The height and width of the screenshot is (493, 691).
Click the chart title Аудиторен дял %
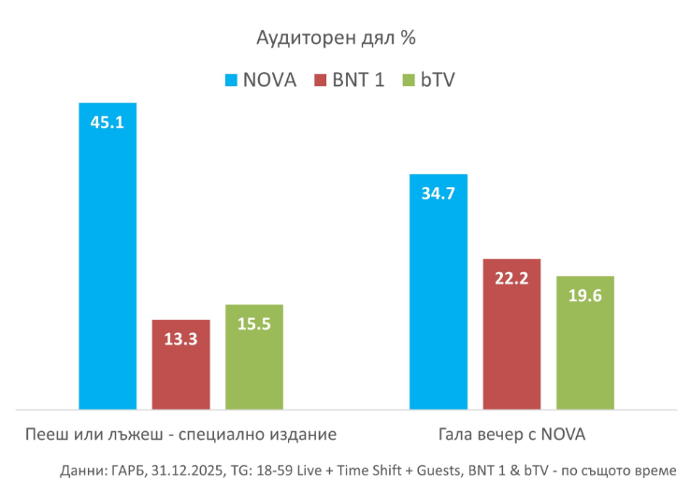(336, 38)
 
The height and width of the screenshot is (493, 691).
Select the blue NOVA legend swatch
(232, 80)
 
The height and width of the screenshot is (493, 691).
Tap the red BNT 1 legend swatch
(321, 80)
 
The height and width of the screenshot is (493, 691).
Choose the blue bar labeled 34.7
(439, 299)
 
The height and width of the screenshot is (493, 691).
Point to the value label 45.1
(108, 123)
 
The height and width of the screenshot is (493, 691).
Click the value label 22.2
(511, 279)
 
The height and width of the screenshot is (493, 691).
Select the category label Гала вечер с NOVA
(511, 435)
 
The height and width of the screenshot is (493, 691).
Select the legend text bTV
(437, 80)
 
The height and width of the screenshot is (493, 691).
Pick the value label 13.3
(180, 340)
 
